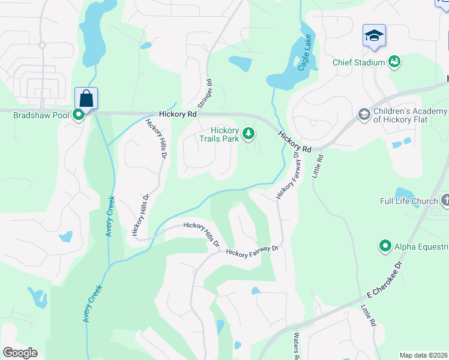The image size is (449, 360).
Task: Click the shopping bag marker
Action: (x=86, y=98)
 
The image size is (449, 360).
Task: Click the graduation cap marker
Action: (x=374, y=37)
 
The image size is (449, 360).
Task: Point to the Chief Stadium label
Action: (x=359, y=62)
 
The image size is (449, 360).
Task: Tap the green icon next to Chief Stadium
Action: (x=394, y=61)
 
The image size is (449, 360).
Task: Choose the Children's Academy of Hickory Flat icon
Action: (x=363, y=114)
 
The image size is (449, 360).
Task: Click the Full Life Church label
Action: (x=409, y=200)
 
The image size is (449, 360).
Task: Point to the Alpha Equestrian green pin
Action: (x=385, y=245)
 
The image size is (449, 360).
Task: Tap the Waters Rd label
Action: (x=296, y=347)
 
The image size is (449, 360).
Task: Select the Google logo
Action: (x=20, y=353)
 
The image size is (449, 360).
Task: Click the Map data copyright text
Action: (x=423, y=355)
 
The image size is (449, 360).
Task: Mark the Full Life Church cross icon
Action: (x=445, y=200)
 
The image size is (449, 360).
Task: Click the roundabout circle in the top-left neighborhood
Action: (x=42, y=45)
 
